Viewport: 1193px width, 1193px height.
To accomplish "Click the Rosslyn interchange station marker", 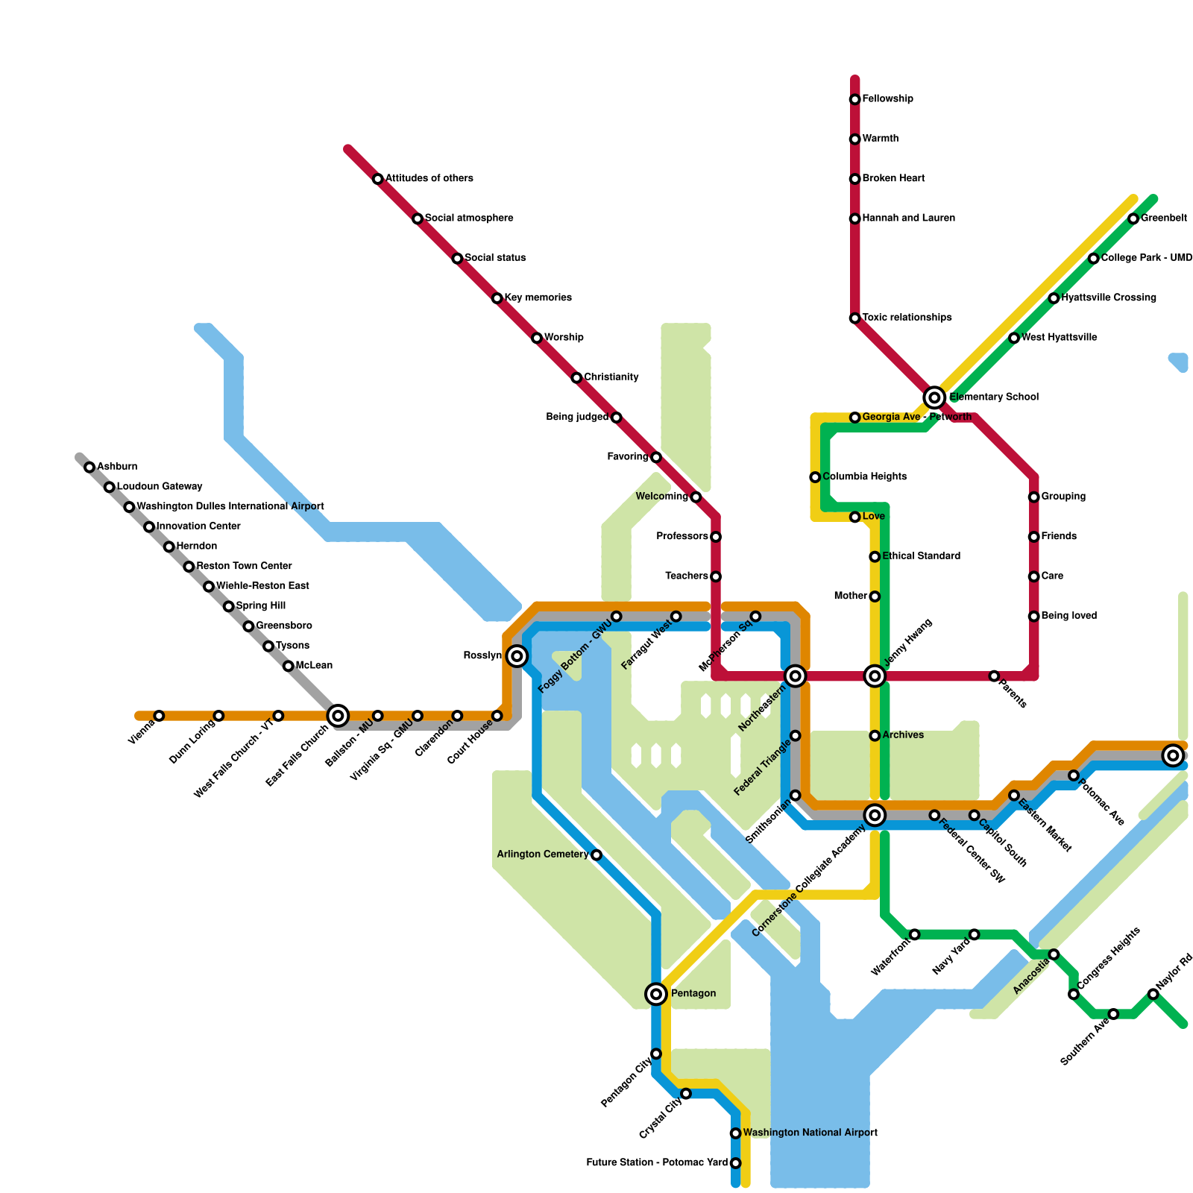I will (517, 656).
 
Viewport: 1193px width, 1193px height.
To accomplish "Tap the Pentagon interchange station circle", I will (656, 993).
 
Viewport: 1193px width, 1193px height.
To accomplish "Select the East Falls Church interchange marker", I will (338, 716).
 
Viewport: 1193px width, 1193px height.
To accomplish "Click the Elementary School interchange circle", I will (934, 397).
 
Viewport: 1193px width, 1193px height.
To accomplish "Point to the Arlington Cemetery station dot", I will (596, 854).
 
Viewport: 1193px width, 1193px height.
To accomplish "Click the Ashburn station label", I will (117, 467).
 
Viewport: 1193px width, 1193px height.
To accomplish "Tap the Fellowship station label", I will (887, 99).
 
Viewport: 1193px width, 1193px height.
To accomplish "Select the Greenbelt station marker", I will (1133, 218).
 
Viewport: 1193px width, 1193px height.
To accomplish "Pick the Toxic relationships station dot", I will (854, 318).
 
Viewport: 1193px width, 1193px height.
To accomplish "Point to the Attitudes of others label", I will (429, 178).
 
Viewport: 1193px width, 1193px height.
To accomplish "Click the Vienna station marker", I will (159, 716).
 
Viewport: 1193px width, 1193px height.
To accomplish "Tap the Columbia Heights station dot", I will (815, 477).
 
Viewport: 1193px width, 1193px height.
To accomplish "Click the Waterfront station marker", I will (914, 934).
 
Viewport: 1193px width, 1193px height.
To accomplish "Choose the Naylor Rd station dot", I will (1153, 994).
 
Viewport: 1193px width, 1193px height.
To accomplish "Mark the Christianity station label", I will (611, 377).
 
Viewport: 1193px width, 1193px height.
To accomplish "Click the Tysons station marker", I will (268, 646).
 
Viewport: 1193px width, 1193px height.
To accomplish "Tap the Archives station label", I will (903, 735).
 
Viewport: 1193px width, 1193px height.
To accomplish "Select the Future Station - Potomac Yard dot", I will (735, 1163).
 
